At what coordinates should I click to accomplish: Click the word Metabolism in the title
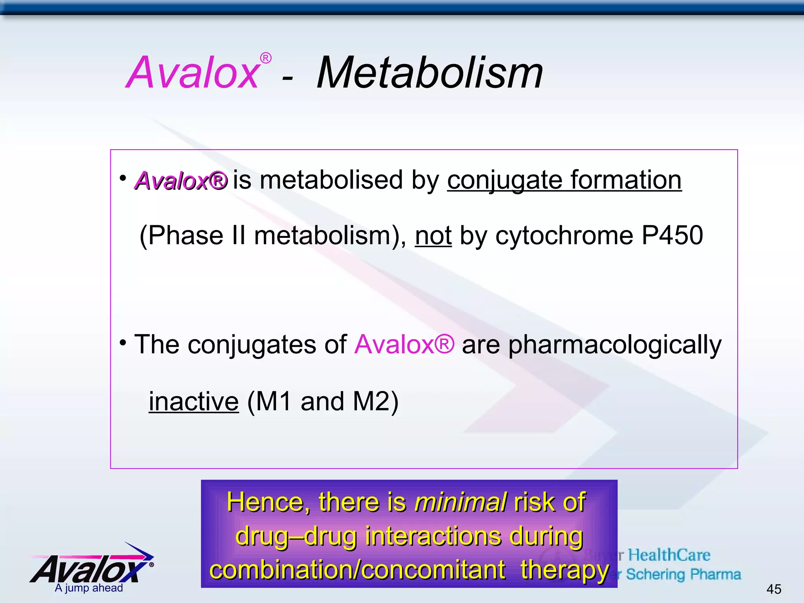[x=429, y=73]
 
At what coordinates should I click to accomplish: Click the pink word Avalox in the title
[x=192, y=73]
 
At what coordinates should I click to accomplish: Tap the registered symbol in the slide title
[x=266, y=58]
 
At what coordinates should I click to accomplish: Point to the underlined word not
[x=433, y=236]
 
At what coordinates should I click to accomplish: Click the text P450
[x=672, y=236]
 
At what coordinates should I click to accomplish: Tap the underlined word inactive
[x=194, y=402]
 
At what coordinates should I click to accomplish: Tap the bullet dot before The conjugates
[x=123, y=343]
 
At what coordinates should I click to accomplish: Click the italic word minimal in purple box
[x=460, y=502]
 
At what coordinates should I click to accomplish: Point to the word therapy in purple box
[x=564, y=570]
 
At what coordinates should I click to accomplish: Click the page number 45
[x=773, y=589]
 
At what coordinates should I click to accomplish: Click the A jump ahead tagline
[x=89, y=588]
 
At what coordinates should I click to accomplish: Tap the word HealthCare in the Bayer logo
[x=669, y=555]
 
